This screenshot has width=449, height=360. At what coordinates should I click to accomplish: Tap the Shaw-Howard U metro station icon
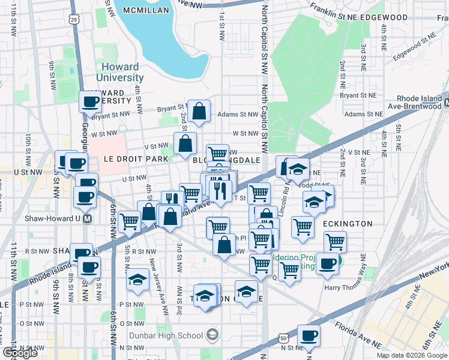pyautogui.click(x=88, y=219)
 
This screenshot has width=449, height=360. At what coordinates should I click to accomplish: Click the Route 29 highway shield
pyautogui.click(x=73, y=20)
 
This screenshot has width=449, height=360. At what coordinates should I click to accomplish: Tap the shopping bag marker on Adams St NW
pyautogui.click(x=199, y=111)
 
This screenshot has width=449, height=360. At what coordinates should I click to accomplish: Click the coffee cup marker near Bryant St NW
pyautogui.click(x=91, y=102)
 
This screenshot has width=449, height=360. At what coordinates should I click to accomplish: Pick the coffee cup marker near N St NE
pyautogui.click(x=309, y=336)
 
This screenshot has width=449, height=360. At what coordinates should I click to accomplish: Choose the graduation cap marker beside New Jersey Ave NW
pyautogui.click(x=138, y=280)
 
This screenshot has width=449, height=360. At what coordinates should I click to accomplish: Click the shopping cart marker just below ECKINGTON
pyautogui.click(x=335, y=242)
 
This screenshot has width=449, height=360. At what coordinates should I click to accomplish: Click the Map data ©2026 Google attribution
pyautogui.click(x=412, y=355)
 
